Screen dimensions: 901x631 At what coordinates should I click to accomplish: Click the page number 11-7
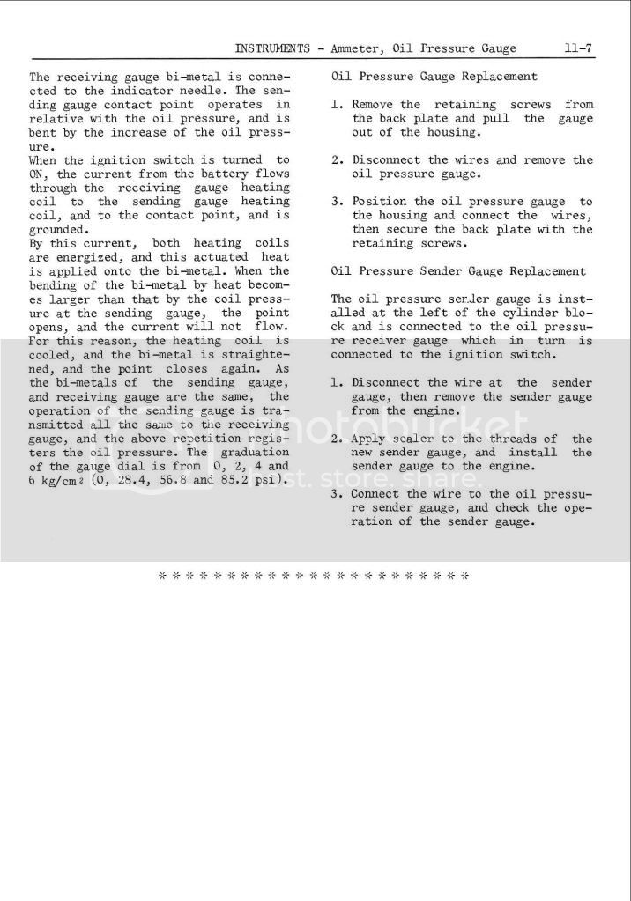(580, 48)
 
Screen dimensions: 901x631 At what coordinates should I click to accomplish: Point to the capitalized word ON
(37, 174)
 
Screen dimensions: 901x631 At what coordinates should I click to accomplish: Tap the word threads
(509, 439)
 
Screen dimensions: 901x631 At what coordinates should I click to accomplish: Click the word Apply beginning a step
(369, 439)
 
